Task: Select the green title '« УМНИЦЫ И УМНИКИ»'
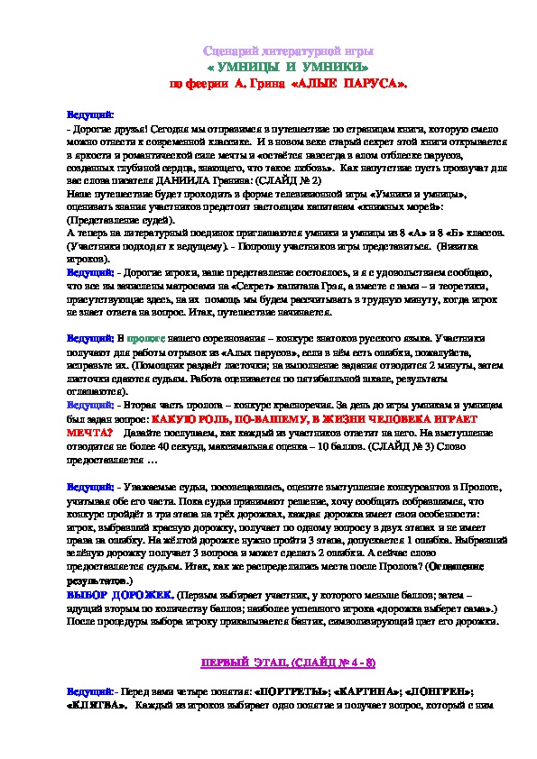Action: [288, 68]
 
